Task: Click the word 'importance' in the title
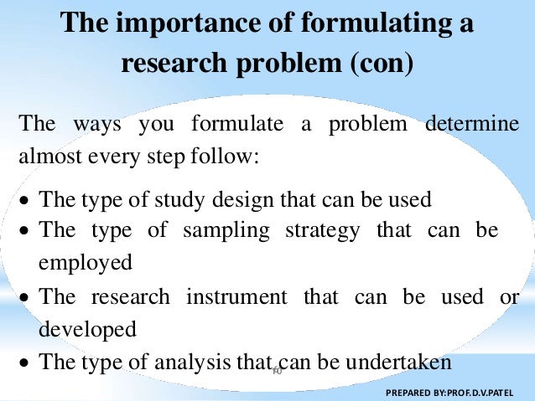[174, 23]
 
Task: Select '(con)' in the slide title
[377, 64]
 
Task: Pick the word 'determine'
[473, 126]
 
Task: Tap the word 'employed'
[86, 262]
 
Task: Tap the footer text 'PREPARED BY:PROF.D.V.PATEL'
[452, 391]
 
